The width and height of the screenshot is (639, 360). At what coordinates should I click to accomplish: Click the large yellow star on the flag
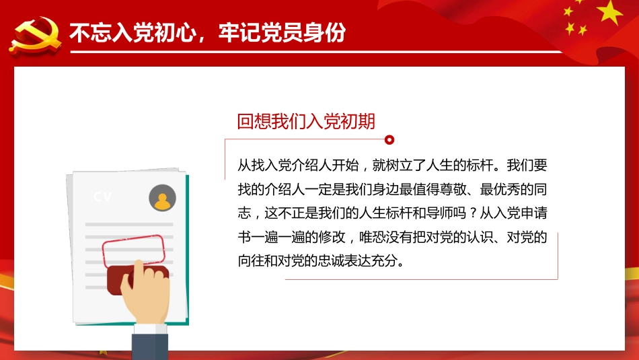pos(610,11)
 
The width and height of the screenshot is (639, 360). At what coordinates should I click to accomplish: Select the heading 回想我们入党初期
pos(306,121)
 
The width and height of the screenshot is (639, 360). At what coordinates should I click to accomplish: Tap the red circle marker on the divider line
pos(388,140)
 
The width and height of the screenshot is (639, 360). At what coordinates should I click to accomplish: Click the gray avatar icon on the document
pos(162,199)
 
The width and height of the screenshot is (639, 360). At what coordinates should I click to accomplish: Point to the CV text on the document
pos(103,197)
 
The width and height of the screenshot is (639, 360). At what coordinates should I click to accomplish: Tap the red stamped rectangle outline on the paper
pos(133,250)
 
